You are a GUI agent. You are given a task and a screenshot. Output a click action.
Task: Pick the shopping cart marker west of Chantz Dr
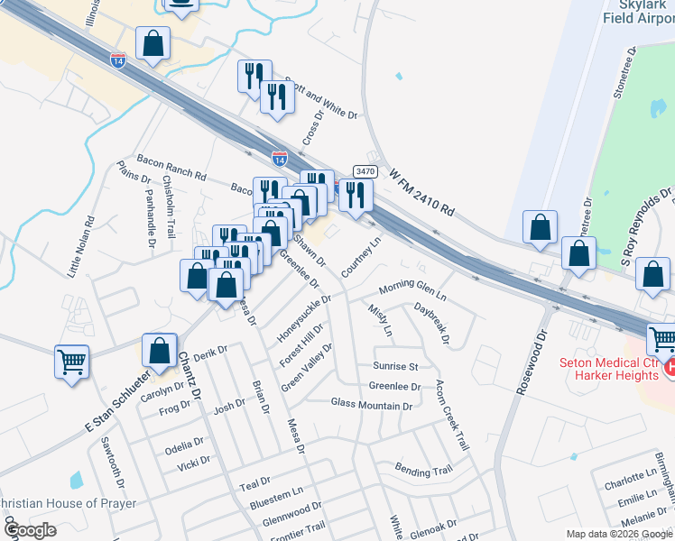click(x=72, y=362)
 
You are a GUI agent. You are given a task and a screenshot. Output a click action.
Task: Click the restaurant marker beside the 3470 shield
click(x=356, y=195)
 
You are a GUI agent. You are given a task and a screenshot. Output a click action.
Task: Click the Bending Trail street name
click(x=422, y=470)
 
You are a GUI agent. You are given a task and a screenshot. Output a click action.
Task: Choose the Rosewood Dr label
click(x=531, y=353)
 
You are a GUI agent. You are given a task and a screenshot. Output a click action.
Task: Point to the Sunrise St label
click(x=395, y=367)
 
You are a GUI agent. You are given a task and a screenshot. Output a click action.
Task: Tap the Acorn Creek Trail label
click(x=451, y=416)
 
